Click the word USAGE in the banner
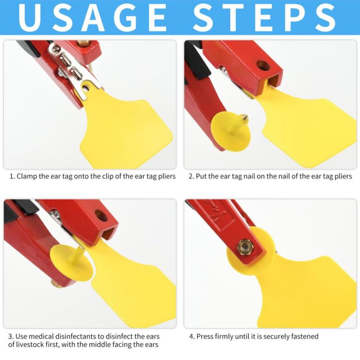pos(92,18)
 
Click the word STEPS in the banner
pos(265,18)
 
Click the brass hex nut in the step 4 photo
pos(245,247)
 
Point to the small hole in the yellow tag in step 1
pos(86,87)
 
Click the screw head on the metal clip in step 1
pos(56,48)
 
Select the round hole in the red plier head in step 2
pos(263,66)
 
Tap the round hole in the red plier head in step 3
pos(101,216)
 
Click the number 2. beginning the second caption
pos(191,176)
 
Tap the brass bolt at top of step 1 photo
pos(84,42)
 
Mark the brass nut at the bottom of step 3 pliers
pos(54,285)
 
